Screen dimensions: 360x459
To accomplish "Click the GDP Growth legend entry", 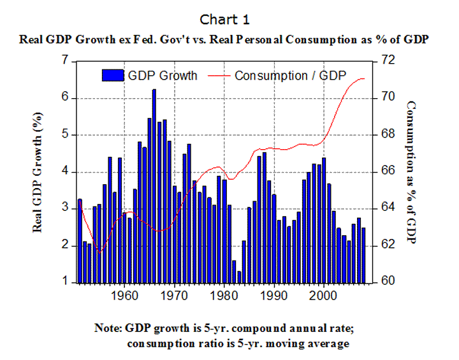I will click(150, 75).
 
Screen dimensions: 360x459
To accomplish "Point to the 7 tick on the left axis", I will click(64, 61).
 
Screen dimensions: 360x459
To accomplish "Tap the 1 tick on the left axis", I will click(64, 282).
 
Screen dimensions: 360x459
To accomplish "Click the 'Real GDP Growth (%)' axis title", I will click(40, 171).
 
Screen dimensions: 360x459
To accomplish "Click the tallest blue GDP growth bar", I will click(154, 185).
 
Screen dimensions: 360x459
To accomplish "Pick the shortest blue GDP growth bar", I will click(239, 277).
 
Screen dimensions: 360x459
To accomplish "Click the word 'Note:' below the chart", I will click(107, 329).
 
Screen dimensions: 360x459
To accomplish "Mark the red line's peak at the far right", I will click(363, 78).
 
